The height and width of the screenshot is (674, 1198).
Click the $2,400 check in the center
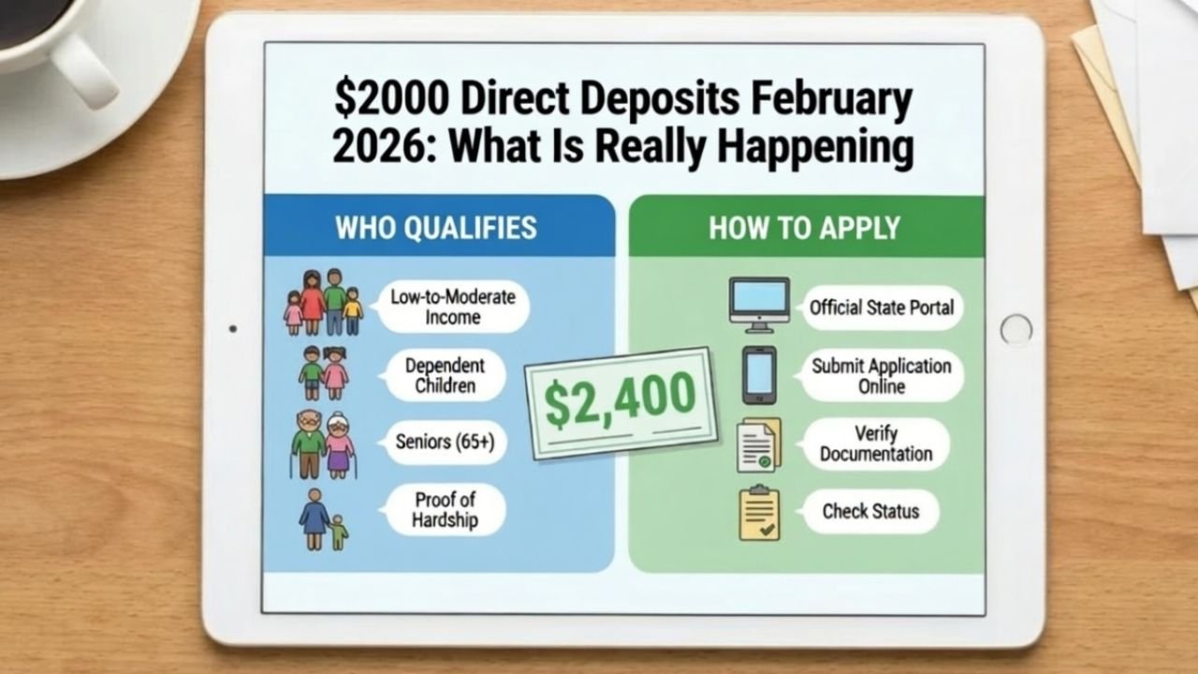[x=621, y=403]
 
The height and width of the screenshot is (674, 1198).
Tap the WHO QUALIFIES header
[x=436, y=227]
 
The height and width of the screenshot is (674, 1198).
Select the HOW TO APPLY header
[x=804, y=227]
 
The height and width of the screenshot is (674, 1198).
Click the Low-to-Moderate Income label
[x=453, y=307]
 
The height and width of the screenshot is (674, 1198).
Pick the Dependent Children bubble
[x=445, y=374]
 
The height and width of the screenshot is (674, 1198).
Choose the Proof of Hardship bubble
[x=445, y=509]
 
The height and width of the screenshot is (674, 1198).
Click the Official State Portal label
[x=882, y=307]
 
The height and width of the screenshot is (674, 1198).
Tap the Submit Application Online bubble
[x=881, y=374]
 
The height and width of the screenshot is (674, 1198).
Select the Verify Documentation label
[x=876, y=444]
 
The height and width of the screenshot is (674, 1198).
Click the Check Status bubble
[x=870, y=511]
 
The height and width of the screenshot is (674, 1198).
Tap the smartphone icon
[x=759, y=374]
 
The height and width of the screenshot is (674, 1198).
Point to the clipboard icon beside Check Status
[x=759, y=513]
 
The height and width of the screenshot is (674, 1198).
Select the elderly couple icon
[x=322, y=444]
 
